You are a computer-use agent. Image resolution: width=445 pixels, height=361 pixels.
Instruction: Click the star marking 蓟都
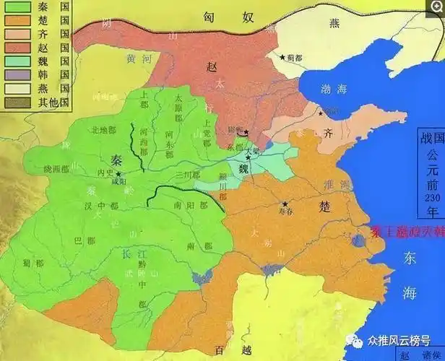coord(282,56)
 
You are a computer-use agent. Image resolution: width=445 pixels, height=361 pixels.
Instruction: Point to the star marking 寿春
coord(285,203)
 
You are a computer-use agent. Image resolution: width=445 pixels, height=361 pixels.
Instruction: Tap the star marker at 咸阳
coord(118,174)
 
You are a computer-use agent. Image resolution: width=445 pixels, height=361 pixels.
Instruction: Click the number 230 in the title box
coord(431,201)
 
